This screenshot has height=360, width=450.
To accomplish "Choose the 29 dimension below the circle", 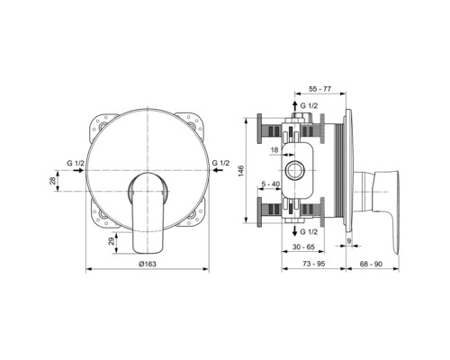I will click(x=111, y=240).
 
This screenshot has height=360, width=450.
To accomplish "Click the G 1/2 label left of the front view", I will click(x=76, y=161).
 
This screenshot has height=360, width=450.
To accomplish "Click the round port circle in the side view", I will click(x=293, y=170).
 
